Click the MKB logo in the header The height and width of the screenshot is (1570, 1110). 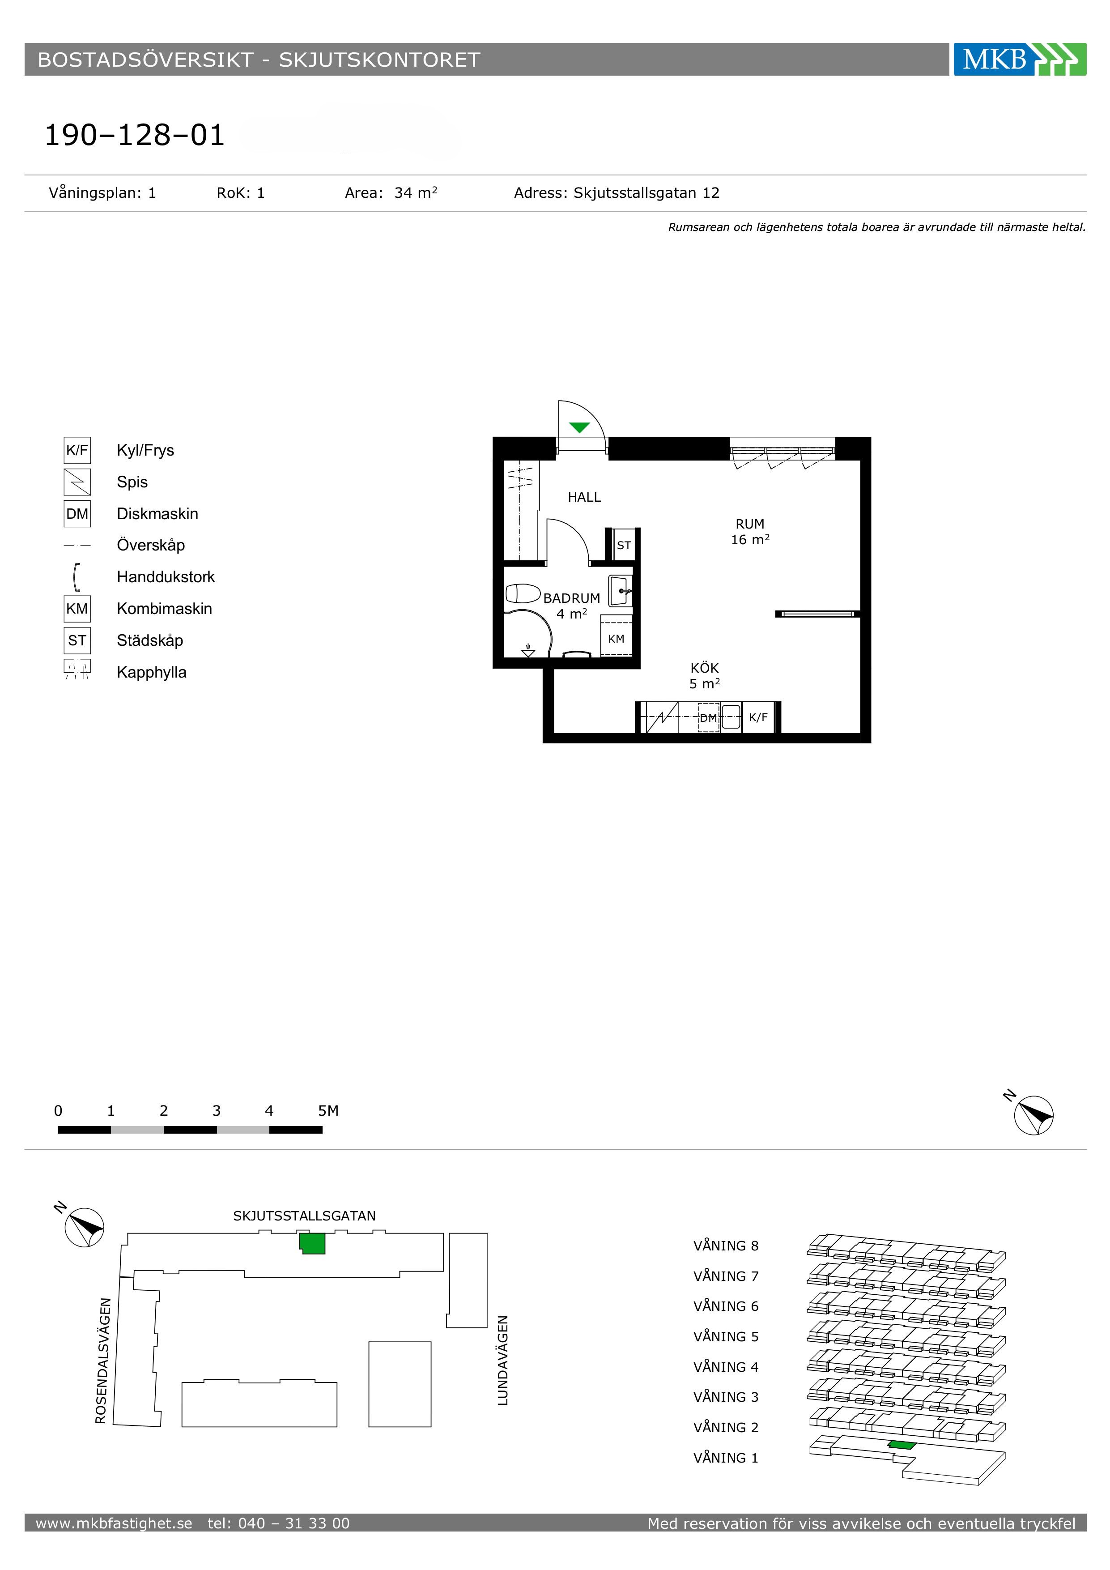click(x=1020, y=60)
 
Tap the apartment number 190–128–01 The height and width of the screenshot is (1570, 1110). click(x=135, y=136)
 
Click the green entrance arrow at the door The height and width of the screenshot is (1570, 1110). click(x=579, y=428)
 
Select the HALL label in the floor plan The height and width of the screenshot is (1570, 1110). click(x=584, y=497)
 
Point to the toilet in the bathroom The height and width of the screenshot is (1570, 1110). click(x=523, y=593)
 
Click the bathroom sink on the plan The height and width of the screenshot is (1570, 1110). click(x=620, y=591)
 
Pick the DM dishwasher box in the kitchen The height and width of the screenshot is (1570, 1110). click(x=709, y=718)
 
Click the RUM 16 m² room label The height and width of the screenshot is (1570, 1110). click(x=750, y=531)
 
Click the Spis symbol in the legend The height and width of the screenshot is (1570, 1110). click(x=77, y=482)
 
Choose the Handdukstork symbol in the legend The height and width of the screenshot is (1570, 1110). click(x=77, y=576)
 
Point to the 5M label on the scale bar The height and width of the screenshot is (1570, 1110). click(x=328, y=1110)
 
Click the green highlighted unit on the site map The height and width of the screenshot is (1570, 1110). click(x=312, y=1243)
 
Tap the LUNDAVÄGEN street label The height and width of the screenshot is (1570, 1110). click(x=503, y=1361)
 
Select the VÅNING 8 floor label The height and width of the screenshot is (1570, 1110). click(x=726, y=1246)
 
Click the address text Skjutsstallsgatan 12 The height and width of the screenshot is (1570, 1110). click(x=646, y=193)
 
